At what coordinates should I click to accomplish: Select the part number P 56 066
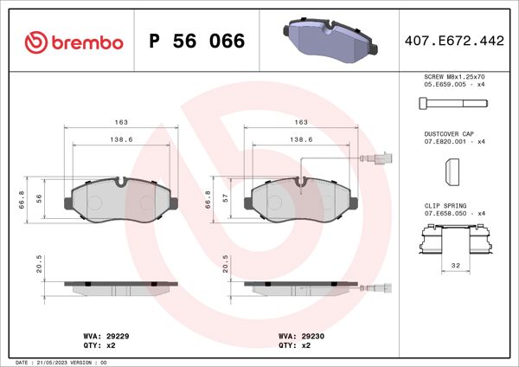tap(197, 42)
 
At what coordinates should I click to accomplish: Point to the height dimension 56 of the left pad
tap(39, 198)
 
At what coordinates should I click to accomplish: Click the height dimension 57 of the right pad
tap(226, 198)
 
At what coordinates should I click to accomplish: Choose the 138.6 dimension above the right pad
tap(299, 138)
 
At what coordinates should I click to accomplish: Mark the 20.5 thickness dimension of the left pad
tap(39, 263)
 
